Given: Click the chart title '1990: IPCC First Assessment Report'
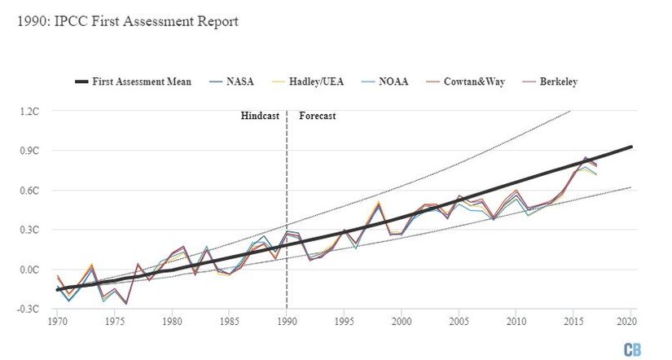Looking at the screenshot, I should [127, 21].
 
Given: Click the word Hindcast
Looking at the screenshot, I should [260, 116].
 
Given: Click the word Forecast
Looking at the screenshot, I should [318, 116].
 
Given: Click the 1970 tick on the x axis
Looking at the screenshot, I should [56, 322].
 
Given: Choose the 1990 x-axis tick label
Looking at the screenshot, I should [287, 322].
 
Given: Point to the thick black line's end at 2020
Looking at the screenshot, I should [631, 147].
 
